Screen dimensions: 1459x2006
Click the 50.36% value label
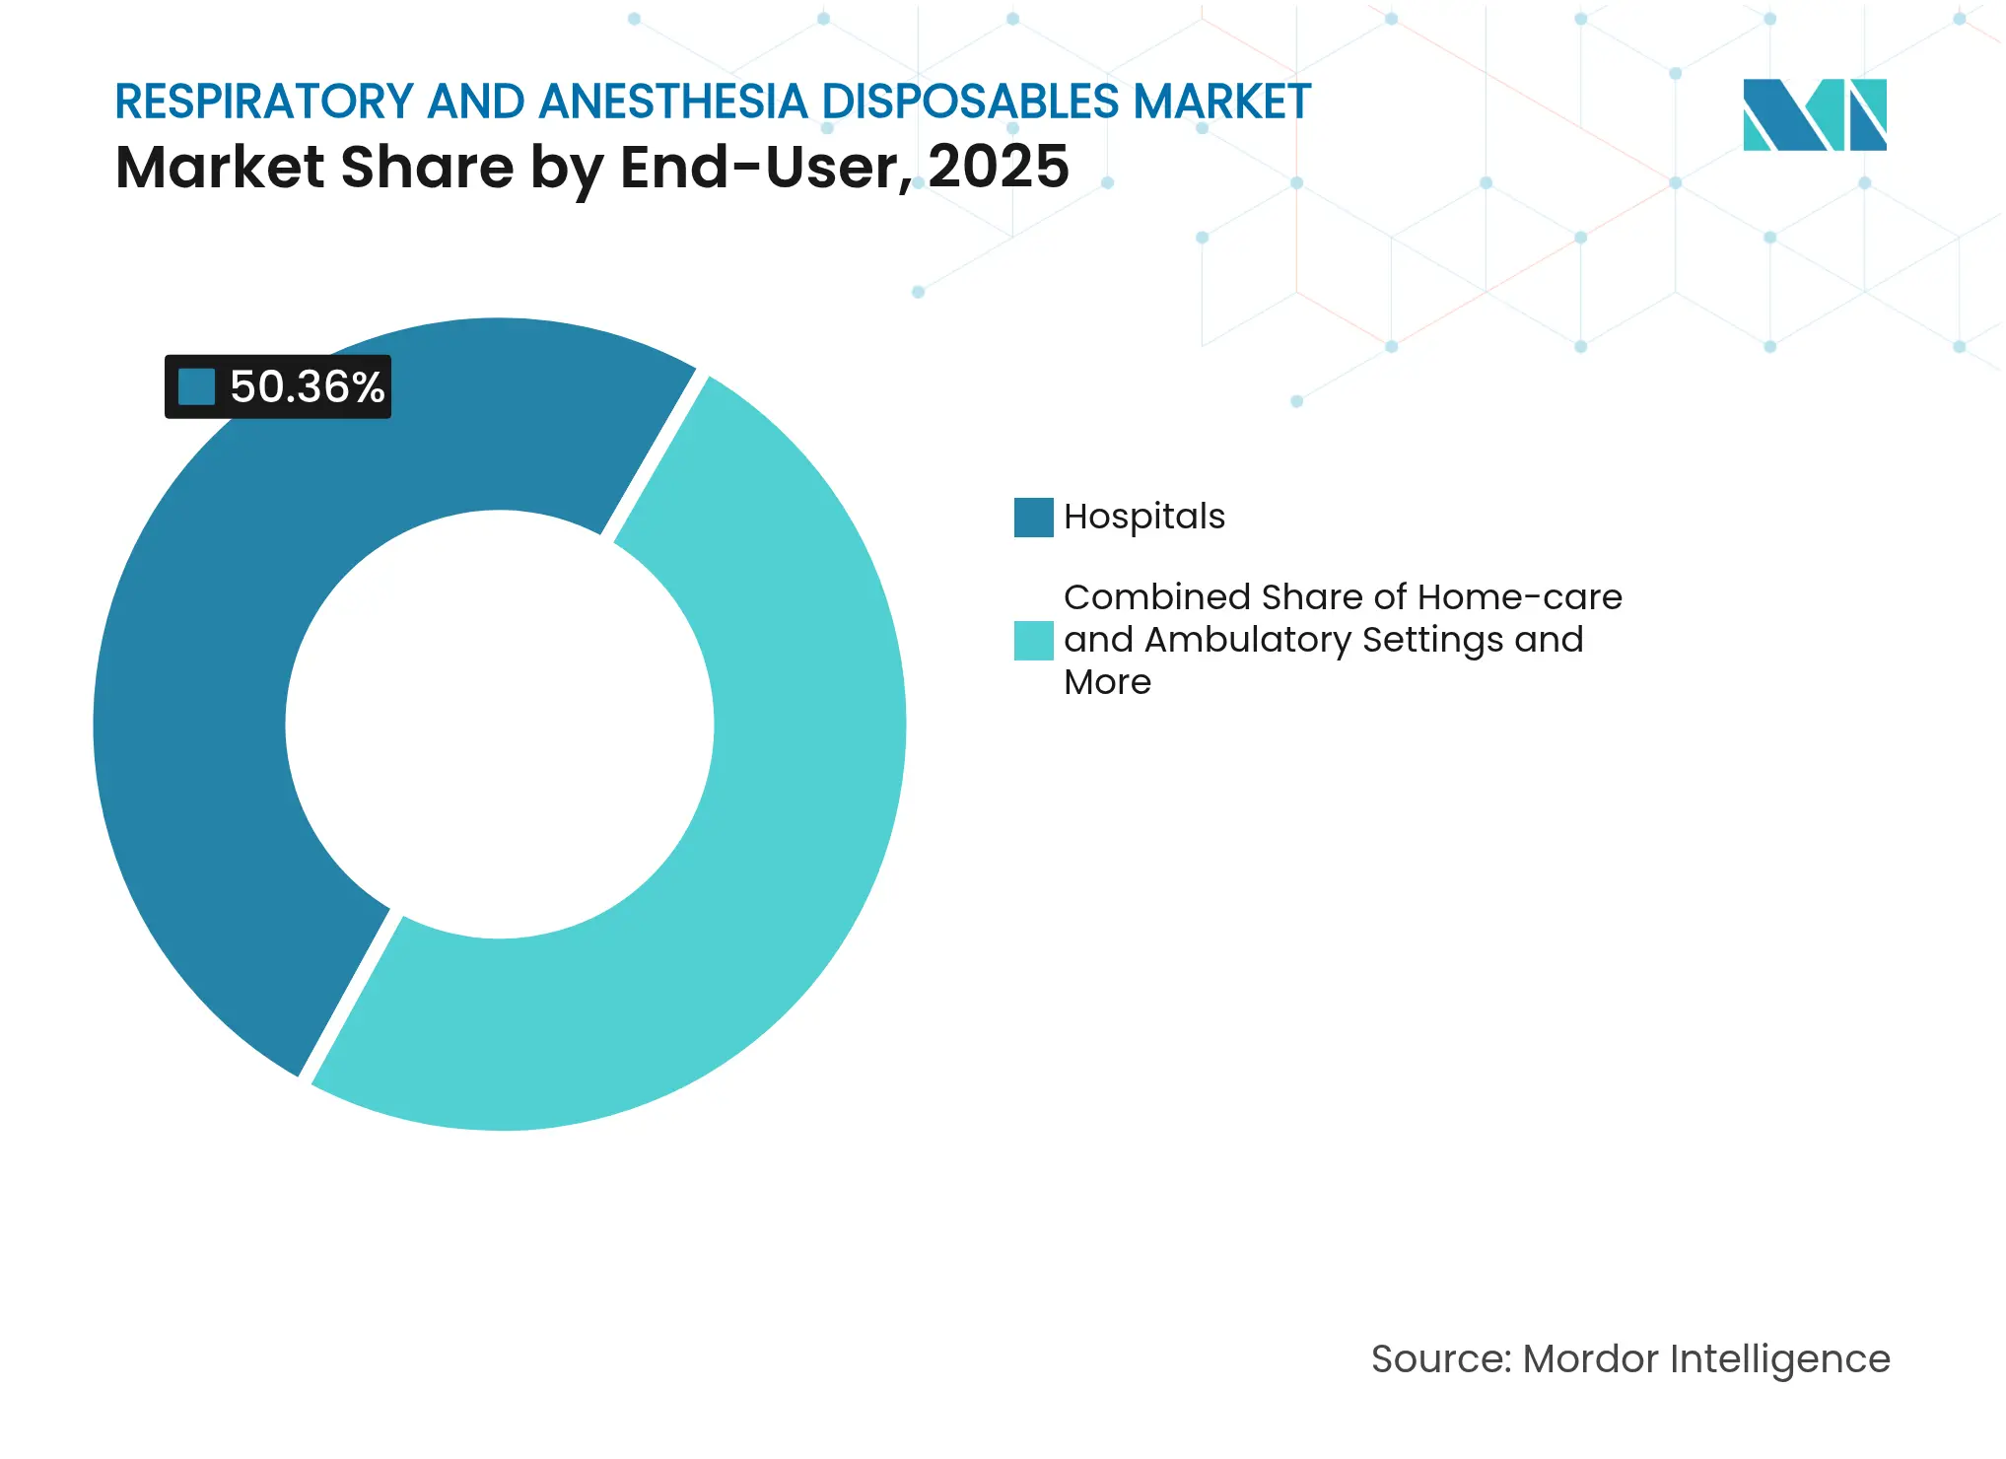coord(307,387)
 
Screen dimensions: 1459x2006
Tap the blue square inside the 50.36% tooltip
coord(196,387)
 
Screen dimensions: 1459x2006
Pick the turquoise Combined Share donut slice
coord(789,789)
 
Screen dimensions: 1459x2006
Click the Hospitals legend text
coord(1143,517)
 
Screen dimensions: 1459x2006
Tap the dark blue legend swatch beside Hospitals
coord(1033,518)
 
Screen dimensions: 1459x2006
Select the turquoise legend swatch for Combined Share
coord(1033,641)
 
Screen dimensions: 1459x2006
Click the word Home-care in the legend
coord(1519,597)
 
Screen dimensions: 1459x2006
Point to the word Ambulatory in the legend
coord(1247,641)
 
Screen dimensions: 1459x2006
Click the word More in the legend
coord(1107,682)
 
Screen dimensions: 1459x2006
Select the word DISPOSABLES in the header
coord(971,102)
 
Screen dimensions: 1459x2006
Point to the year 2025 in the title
coord(998,167)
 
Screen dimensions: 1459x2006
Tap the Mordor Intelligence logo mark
coord(1814,114)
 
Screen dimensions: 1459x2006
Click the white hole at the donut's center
coord(500,725)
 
